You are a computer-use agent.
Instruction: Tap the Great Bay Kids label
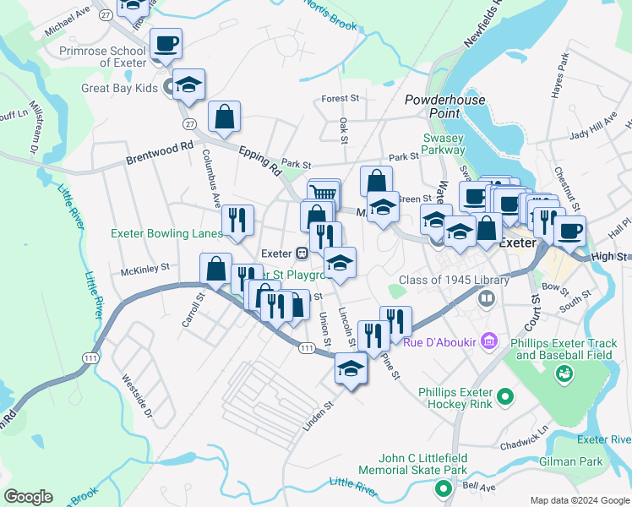click(x=120, y=88)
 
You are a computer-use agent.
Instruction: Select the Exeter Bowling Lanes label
click(x=166, y=234)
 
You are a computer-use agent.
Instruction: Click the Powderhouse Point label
click(x=444, y=106)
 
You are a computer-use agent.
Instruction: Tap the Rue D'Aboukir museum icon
click(x=488, y=341)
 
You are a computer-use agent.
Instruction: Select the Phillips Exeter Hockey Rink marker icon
click(x=505, y=395)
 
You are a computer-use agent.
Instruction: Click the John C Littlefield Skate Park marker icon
click(x=442, y=488)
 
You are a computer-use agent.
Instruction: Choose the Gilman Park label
click(x=597, y=462)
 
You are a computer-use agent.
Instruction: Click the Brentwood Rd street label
click(x=160, y=152)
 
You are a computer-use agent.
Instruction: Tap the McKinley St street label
click(x=145, y=271)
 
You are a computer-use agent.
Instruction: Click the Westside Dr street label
click(x=137, y=395)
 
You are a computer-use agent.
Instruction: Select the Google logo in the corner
click(x=28, y=497)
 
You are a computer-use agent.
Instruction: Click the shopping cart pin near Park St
click(x=323, y=194)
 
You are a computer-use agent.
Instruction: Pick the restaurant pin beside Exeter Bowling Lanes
click(x=238, y=221)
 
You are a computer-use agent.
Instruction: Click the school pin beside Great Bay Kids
click(x=190, y=84)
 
